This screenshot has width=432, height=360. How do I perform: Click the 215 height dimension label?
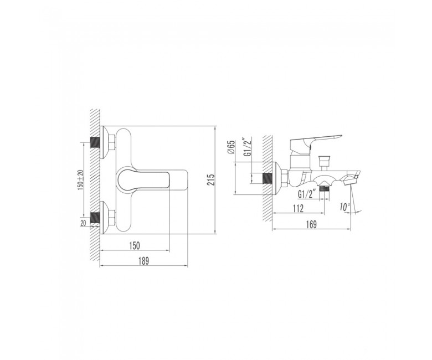211,180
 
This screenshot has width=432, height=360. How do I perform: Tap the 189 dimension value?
143,260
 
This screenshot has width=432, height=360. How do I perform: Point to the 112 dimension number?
298,208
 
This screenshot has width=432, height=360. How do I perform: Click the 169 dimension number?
311,224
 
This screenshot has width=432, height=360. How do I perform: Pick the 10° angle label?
345,207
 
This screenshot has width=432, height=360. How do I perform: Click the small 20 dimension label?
84,223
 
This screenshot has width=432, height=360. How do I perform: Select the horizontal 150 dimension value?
135,245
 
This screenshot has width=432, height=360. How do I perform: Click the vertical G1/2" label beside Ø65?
248,147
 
